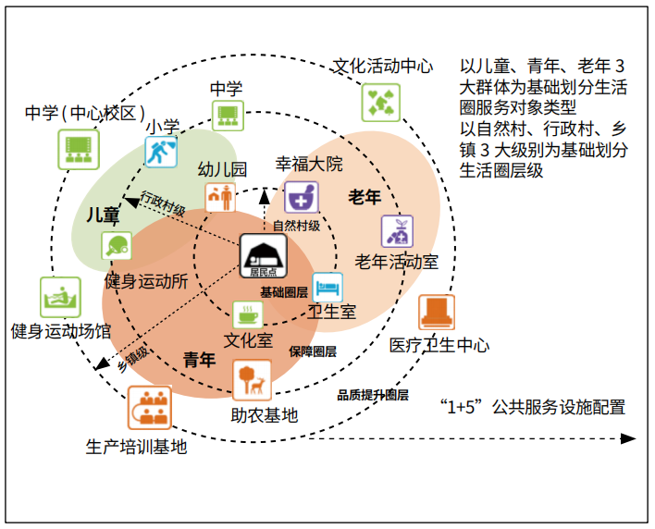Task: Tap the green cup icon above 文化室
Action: point(247,314)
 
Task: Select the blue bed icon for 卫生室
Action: point(327,288)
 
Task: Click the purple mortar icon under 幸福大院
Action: point(301,196)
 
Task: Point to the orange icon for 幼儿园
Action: point(219,197)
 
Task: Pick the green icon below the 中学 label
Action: point(227,116)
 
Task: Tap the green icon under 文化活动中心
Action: point(380,98)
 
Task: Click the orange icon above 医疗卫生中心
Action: point(436,313)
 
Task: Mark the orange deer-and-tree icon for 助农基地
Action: point(252,380)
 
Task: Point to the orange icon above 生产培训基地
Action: point(149,407)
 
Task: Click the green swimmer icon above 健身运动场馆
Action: point(60,297)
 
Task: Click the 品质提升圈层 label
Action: point(373,394)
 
